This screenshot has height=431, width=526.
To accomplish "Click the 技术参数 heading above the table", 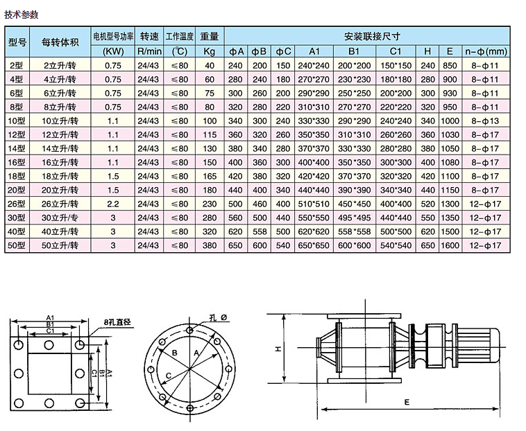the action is coord(21,15).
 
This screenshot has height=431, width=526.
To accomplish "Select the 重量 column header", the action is coord(210,36).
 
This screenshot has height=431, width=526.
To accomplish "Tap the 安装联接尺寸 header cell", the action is coord(372,36).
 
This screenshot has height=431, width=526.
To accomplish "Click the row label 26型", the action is coord(17,204).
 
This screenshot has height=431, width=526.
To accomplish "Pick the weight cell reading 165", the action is coord(210,176).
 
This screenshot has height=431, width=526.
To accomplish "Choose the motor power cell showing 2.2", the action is coord(113,204).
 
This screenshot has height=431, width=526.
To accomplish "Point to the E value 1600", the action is coord(450,245).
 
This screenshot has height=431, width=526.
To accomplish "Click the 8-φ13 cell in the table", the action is coord(485,121).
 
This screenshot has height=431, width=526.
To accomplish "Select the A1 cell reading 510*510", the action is coord(314,204).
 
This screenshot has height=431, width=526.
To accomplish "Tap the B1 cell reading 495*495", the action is coord(354,218).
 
